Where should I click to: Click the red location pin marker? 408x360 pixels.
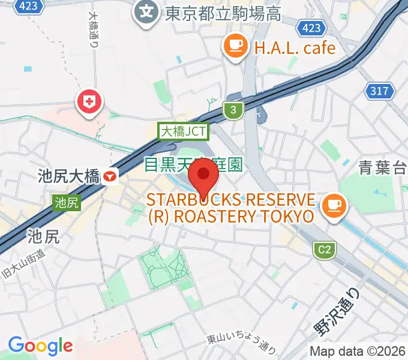point(203,176)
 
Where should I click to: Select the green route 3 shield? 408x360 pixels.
point(233,109)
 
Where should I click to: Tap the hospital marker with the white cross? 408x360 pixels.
point(89,101)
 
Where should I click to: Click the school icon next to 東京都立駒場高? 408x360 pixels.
point(146,10)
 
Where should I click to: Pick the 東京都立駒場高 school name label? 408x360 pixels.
point(223,12)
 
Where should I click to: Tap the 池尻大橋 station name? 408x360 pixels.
point(68,176)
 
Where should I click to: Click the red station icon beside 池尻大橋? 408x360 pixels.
point(110,176)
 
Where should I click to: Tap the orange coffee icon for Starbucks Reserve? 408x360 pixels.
point(332,206)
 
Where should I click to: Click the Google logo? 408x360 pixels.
point(40,346)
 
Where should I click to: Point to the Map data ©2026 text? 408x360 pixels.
point(358,352)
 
